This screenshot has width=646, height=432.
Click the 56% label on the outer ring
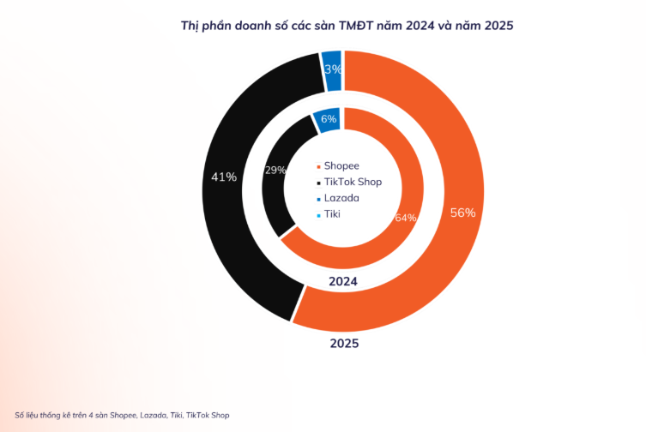(x=462, y=213)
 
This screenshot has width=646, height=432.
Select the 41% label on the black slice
(x=224, y=177)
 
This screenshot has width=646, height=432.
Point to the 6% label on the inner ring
(x=328, y=120)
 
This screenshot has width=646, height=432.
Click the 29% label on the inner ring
(x=275, y=171)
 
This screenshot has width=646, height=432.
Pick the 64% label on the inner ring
(x=405, y=218)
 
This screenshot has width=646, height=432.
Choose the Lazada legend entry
(x=341, y=198)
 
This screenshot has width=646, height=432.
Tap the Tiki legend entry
(x=332, y=213)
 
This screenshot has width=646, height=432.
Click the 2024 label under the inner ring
(x=343, y=282)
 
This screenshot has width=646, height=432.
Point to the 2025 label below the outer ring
(x=344, y=344)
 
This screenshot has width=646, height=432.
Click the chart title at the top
(x=347, y=25)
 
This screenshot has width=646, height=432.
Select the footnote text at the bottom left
(x=122, y=415)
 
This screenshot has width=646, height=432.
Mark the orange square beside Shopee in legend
(x=318, y=166)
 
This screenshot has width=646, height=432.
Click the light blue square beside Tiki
(x=318, y=214)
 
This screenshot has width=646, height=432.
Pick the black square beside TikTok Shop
(x=318, y=183)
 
